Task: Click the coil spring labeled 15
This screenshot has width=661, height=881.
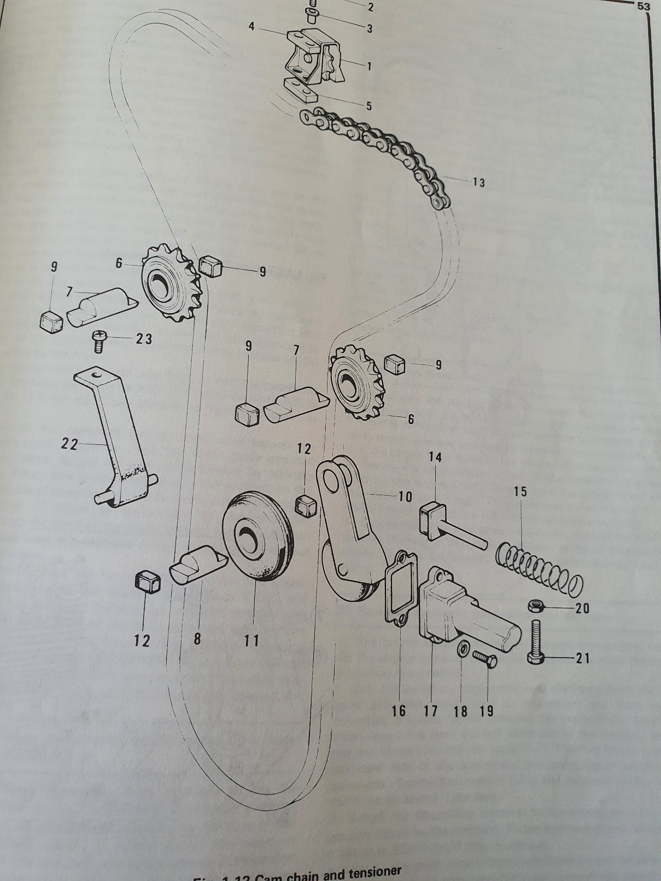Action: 540,570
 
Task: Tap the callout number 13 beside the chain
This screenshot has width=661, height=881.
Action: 478,183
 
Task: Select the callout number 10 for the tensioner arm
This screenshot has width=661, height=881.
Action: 405,496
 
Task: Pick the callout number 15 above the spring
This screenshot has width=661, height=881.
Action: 520,491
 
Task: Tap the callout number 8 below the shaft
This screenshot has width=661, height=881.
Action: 197,639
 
